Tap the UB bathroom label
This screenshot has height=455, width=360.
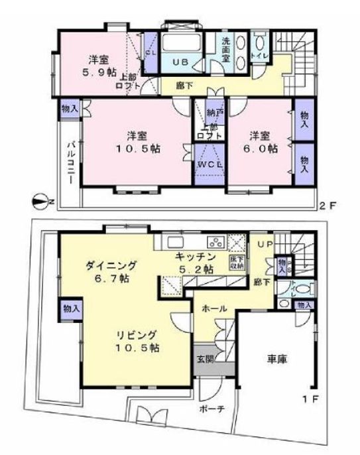click(180, 62)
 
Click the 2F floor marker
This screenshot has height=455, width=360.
click(329, 205)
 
